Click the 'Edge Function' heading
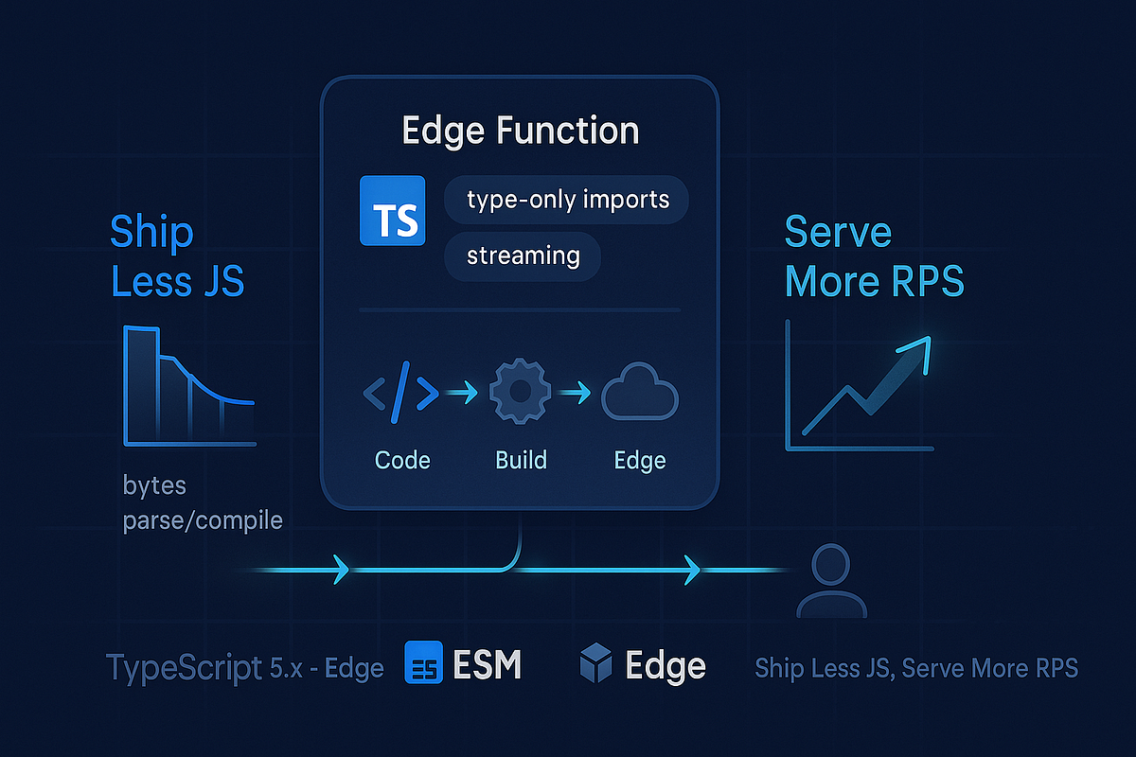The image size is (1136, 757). point(521,130)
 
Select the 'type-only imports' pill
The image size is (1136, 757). point(567,200)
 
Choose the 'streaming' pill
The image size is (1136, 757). point(523,256)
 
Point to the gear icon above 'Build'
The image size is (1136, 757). point(520,391)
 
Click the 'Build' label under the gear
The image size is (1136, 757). point(521,460)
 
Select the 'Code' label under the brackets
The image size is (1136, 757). point(402,460)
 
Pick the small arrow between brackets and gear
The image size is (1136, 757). point(461,391)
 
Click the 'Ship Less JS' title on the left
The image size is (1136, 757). point(177,255)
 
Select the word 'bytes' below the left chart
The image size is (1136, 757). point(154,485)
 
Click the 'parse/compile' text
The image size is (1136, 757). point(203,519)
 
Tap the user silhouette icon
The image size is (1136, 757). point(830,579)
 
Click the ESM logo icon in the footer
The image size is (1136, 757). point(423,662)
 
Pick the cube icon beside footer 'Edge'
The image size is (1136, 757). point(596,663)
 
